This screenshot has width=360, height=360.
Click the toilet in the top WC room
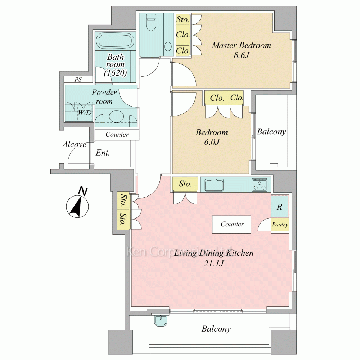coord(151,22)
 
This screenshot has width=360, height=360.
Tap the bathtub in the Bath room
coord(115,41)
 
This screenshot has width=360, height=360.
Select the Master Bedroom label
coord(241,45)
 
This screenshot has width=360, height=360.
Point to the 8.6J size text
coord(241,55)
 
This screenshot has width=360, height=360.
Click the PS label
coord(78,80)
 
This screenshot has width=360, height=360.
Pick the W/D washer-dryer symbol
coord(85,113)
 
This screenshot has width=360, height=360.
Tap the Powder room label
coord(104,96)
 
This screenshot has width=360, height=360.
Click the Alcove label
coord(75,144)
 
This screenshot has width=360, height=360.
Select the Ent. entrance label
coord(103,153)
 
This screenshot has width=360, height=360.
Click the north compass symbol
coord(78,203)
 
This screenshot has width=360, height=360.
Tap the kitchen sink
coord(214,185)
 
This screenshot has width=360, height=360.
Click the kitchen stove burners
coord(260,185)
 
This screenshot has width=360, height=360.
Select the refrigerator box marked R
coord(280,207)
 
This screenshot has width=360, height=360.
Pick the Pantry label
coord(280,225)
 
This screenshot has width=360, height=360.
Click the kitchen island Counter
coord(231,225)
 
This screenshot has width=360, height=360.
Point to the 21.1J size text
coord(214,264)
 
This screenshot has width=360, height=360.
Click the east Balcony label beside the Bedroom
coord(271,131)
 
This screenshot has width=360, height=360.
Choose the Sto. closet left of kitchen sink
coord(185,184)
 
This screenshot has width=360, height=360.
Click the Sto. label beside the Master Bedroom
coord(183,19)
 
